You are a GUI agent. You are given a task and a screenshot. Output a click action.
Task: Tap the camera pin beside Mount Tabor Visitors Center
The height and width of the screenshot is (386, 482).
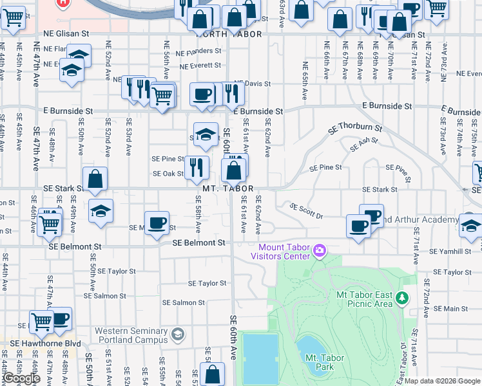(x=319, y=250)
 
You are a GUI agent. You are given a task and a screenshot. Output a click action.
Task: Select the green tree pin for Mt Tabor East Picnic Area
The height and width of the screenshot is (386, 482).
(x=402, y=298)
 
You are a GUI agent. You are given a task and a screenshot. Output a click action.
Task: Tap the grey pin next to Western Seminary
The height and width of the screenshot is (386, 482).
(x=178, y=335)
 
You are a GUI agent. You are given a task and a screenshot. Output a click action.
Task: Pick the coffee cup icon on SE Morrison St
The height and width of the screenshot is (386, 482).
(x=157, y=223)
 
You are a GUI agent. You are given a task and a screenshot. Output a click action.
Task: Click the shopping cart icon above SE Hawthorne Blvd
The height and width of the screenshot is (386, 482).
(x=41, y=320)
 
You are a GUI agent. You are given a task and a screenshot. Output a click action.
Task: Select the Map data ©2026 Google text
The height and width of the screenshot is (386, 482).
(x=443, y=381)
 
